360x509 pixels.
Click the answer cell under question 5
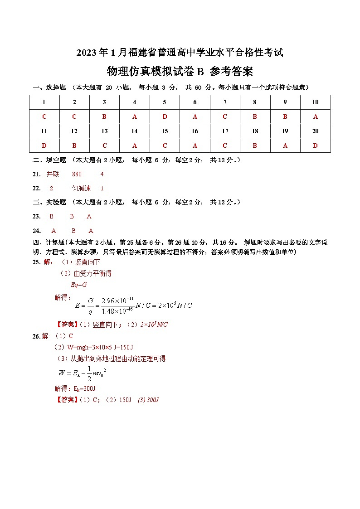tap(165, 116)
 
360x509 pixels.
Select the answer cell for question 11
tap(44, 145)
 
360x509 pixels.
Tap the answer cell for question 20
tap(315, 145)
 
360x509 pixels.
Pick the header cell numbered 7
tap(225, 102)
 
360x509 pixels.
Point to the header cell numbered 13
tap(104, 131)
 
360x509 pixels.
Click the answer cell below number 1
tap(44, 116)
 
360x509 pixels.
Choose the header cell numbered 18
tap(255, 131)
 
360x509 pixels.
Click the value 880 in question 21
tap(77, 174)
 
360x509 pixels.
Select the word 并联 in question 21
tap(53, 174)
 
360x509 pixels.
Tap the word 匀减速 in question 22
tap(82, 188)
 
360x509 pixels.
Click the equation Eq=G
tap(78, 285)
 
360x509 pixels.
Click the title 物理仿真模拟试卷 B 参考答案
tap(180, 72)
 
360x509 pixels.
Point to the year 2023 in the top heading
tap(86, 53)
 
